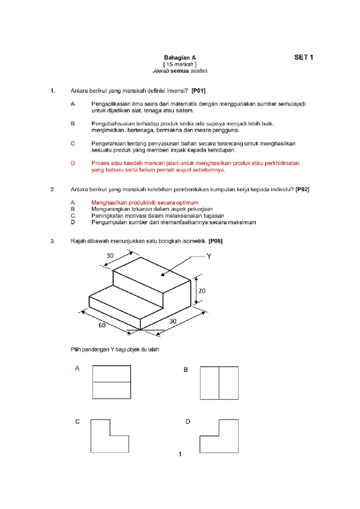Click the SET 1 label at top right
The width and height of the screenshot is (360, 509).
(x=304, y=57)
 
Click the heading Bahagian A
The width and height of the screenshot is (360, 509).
(x=180, y=58)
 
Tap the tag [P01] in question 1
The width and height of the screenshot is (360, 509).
(x=198, y=91)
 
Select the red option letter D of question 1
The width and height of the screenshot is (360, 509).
(x=73, y=163)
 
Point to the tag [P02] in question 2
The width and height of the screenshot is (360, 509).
(x=302, y=189)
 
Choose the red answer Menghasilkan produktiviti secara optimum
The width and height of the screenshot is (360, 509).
(x=145, y=203)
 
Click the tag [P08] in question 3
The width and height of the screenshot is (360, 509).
(x=215, y=241)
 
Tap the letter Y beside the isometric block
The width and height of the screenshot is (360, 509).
(x=209, y=256)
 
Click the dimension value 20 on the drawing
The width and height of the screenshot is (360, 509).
(x=202, y=291)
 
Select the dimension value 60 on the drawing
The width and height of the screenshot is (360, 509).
(x=102, y=325)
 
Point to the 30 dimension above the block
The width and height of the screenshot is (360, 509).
(x=110, y=256)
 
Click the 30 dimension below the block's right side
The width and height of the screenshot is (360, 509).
(x=173, y=321)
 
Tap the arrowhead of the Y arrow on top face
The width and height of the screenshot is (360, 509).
(x=163, y=274)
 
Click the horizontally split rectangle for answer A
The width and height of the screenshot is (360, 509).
(x=112, y=382)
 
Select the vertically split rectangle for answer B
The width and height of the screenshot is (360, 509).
(x=219, y=383)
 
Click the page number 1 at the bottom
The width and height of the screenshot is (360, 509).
(x=180, y=454)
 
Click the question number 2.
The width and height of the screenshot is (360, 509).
(x=52, y=189)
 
